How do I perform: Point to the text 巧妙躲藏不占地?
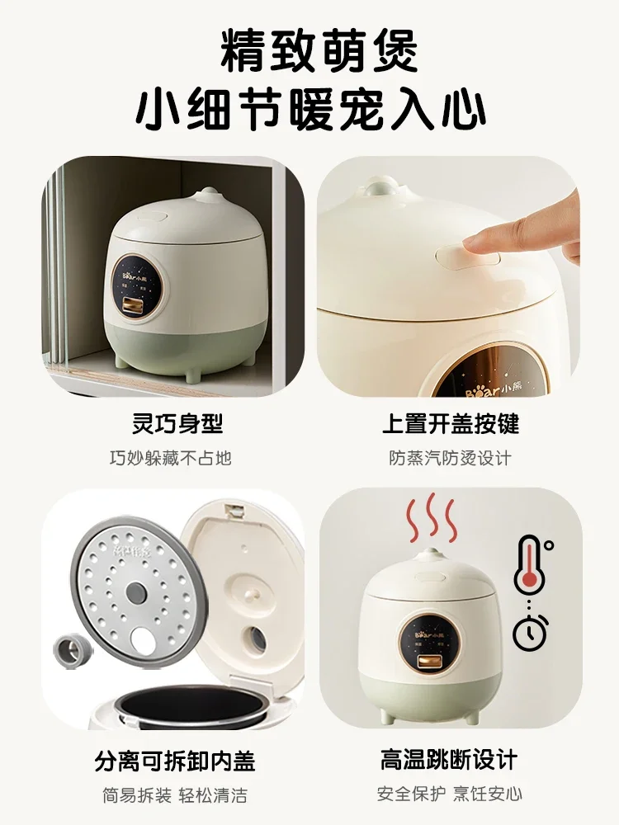point(171,457)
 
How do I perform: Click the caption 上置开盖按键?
point(451,424)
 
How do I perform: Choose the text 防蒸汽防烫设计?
point(451,457)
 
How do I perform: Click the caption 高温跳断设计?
point(451,760)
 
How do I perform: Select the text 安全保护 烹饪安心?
point(451,794)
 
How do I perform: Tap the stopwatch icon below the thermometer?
point(528,633)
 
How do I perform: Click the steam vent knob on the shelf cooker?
point(204,196)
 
